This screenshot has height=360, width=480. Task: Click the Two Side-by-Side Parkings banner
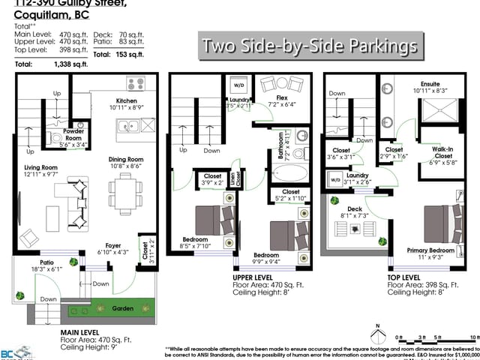(x=308, y=46)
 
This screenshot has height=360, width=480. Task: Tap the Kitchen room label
(x=126, y=100)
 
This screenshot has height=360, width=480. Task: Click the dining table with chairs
(x=124, y=194)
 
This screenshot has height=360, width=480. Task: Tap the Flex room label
(x=281, y=97)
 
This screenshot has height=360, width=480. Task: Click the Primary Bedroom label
(x=430, y=250)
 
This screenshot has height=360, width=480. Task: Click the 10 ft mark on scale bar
(x=473, y=337)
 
